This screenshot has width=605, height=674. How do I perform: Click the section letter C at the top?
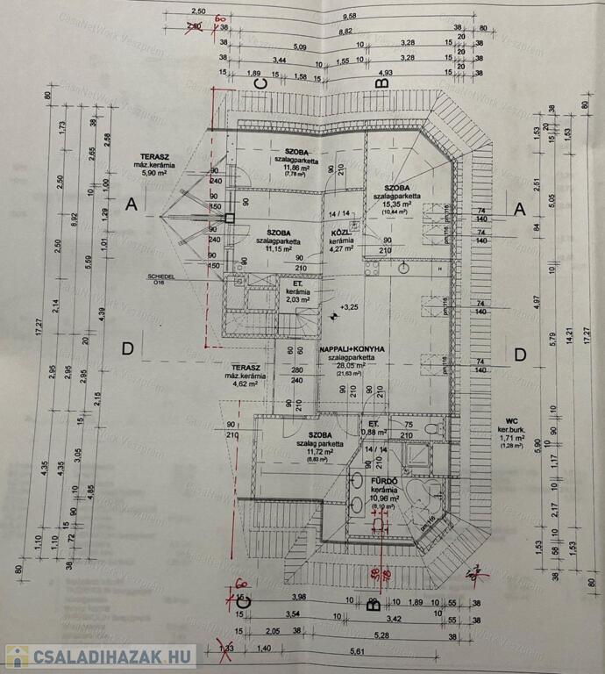click(x=259, y=82)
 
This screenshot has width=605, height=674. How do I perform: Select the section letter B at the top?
click(x=381, y=82)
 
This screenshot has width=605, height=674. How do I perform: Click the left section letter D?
click(x=127, y=348)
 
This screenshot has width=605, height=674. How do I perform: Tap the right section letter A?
click(x=519, y=209)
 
